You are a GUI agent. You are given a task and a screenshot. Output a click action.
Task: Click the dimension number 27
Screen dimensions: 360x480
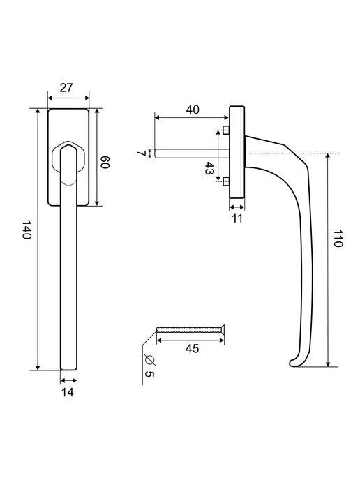[66, 87]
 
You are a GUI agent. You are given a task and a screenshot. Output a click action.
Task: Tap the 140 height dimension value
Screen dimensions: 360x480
[27, 230]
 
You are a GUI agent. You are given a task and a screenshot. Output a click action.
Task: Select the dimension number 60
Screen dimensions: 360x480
[105, 163]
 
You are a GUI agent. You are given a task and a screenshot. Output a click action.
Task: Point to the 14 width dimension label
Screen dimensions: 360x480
[68, 392]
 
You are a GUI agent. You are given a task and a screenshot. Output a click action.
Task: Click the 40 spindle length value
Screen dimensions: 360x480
[193, 110]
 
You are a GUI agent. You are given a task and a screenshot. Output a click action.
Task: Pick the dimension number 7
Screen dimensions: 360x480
[142, 153]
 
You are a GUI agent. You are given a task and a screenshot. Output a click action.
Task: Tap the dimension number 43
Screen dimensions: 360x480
[209, 168]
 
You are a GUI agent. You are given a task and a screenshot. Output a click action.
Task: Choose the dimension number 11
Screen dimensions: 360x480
[237, 218]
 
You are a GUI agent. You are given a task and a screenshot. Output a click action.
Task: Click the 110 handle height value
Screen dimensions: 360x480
[338, 238]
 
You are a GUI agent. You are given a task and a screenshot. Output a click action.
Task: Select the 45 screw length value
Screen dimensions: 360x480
[193, 348]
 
